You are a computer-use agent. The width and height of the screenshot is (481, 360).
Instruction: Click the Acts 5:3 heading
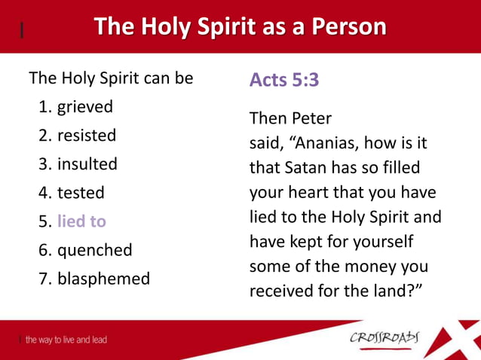tap(284, 80)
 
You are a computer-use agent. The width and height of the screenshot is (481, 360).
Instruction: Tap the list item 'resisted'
tap(87, 136)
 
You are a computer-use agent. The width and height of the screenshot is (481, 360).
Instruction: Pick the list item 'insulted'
tap(87, 164)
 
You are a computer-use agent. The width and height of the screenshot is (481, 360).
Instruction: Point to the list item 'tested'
tap(81, 193)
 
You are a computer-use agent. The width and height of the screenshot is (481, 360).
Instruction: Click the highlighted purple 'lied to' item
tap(81, 221)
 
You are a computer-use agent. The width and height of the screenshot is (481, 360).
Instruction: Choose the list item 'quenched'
tap(94, 250)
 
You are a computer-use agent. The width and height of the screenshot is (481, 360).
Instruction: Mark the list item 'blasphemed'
tap(103, 279)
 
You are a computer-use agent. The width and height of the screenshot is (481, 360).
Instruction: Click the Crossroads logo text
tap(386, 337)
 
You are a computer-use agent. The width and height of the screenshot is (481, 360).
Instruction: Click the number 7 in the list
tap(44, 279)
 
